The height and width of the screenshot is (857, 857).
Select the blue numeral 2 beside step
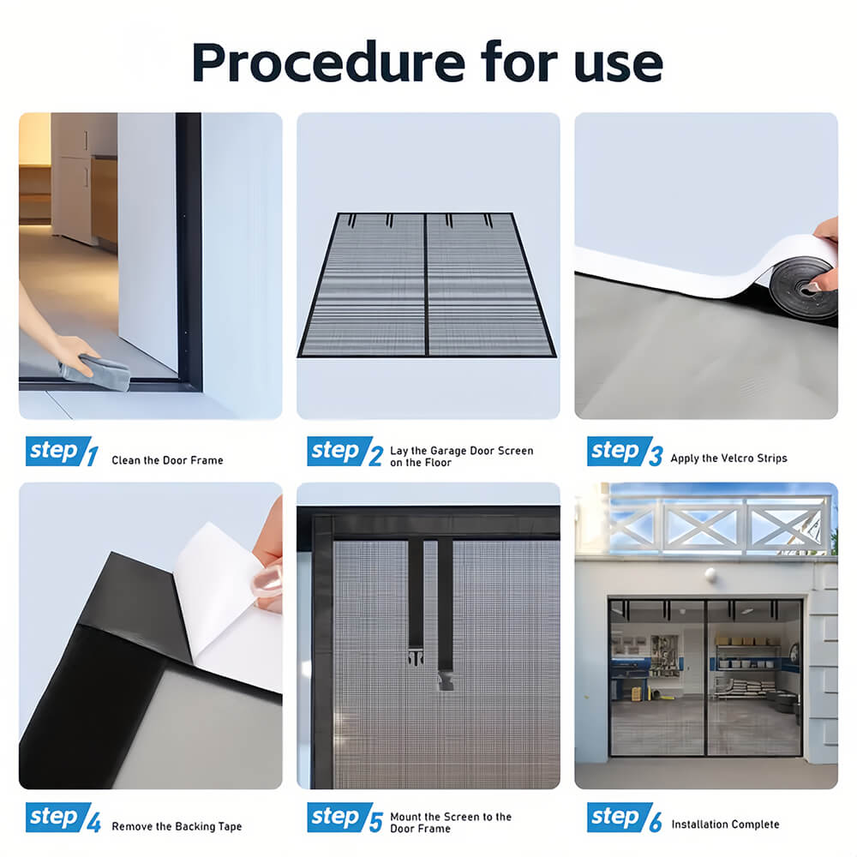coord(375,456)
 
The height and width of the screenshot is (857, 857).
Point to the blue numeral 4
coord(93,822)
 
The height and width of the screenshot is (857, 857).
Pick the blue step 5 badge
coord(339,817)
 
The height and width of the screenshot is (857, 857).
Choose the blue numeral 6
coord(656,822)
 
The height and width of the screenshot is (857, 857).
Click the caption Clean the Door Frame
coord(167,460)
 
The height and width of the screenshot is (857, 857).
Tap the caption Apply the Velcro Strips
coord(728,458)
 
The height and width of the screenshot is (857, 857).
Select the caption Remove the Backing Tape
coord(177,826)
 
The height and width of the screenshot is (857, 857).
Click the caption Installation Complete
coord(725,824)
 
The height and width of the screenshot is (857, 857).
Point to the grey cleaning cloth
coord(96,372)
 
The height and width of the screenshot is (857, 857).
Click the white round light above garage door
coord(710,574)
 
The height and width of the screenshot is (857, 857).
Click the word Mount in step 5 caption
coord(405,817)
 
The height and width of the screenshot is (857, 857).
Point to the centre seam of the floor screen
coord(426,285)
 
